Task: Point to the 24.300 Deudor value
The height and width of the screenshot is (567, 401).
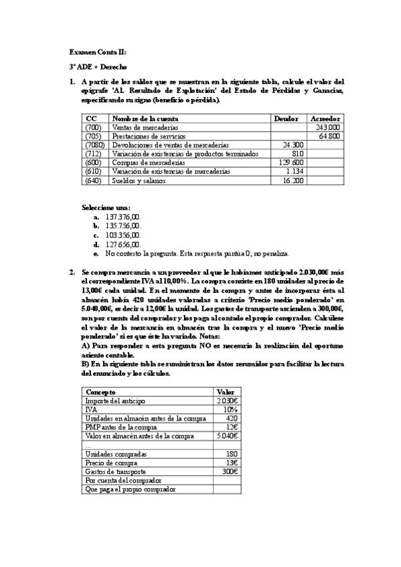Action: click(x=294, y=144)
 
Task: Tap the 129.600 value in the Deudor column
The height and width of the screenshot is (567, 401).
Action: click(x=292, y=162)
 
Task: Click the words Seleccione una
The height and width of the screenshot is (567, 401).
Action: click(x=106, y=208)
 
